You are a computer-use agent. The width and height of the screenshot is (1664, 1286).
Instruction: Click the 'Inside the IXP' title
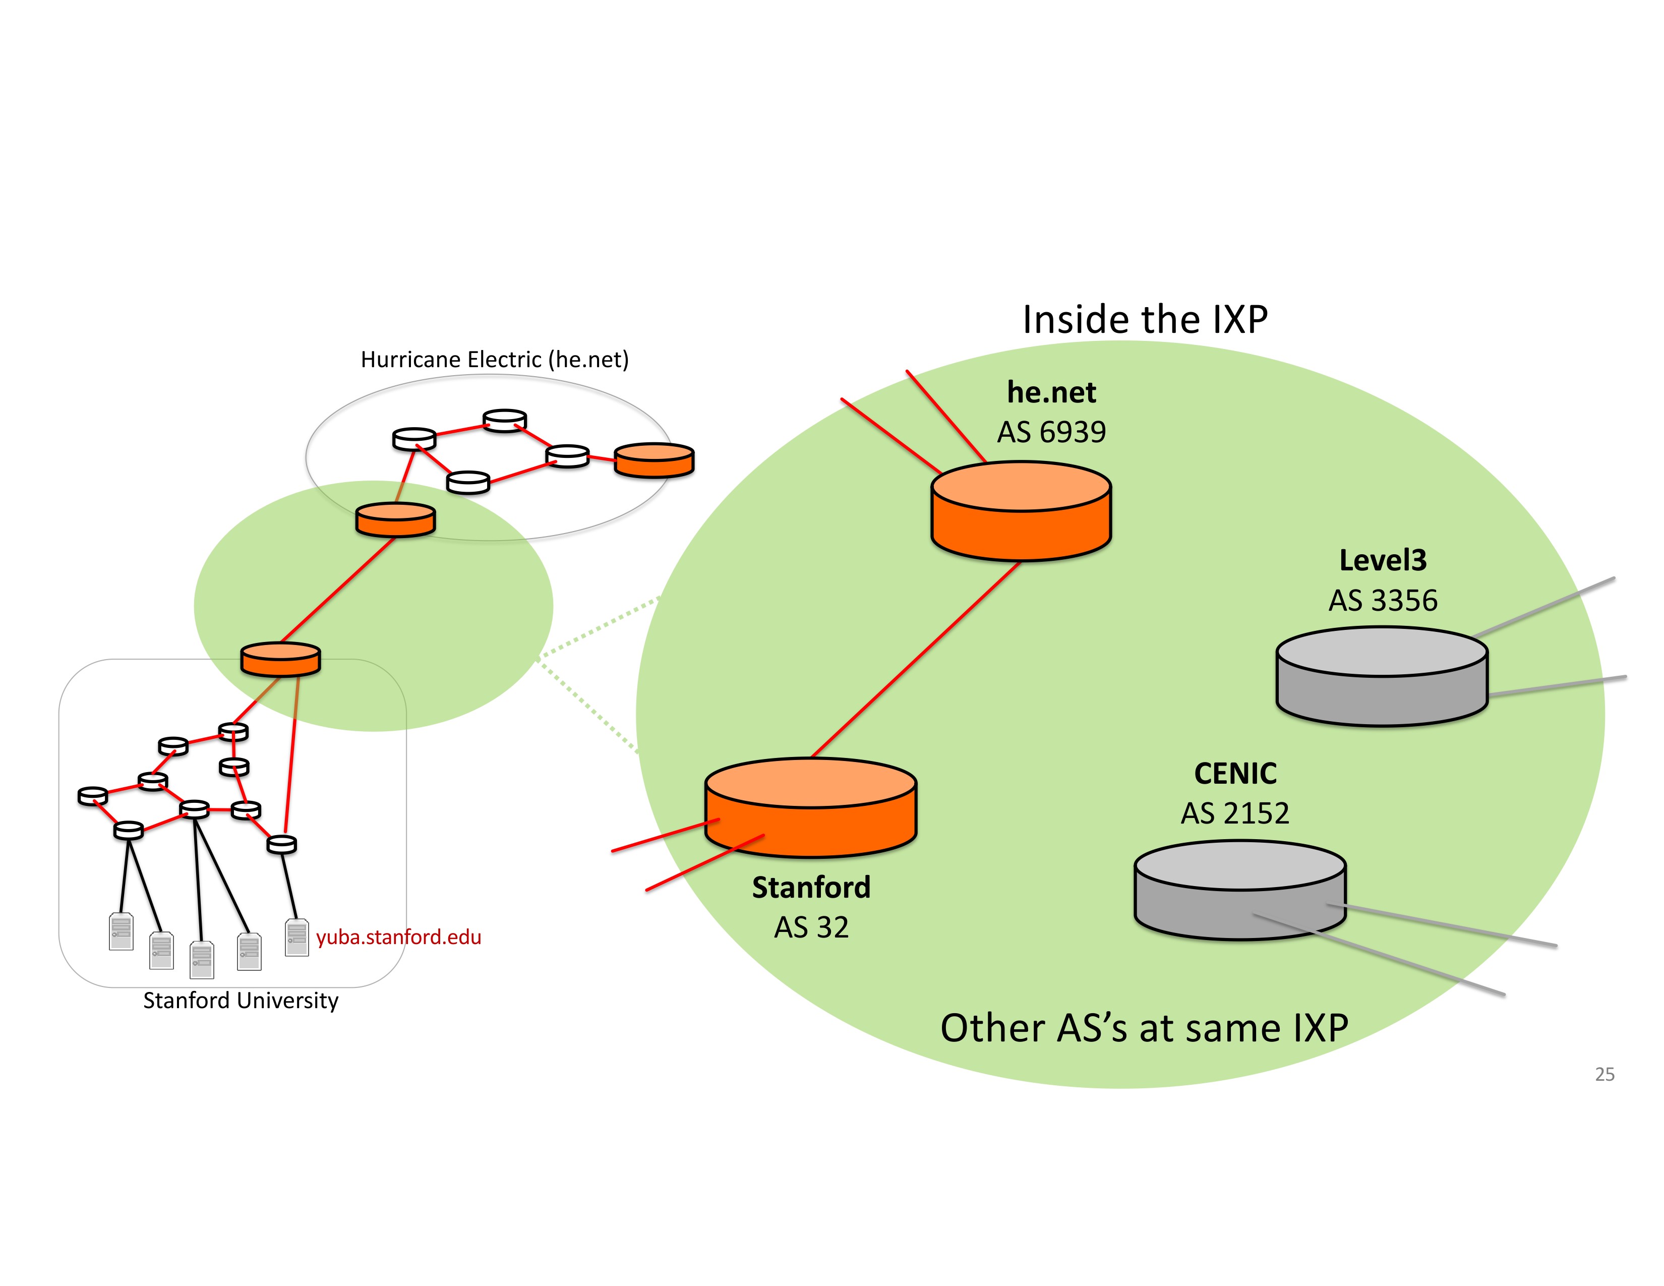(x=1145, y=319)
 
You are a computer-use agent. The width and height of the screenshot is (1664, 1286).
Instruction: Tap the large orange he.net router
(x=1021, y=511)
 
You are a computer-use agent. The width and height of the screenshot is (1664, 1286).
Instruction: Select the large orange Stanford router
(x=811, y=807)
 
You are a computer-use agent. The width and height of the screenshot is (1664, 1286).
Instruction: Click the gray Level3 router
(x=1382, y=676)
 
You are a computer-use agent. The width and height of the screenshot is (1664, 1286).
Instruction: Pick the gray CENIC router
(x=1240, y=890)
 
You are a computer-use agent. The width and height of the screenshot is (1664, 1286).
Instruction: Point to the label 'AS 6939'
(x=1051, y=432)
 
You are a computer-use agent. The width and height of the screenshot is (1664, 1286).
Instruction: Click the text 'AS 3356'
(x=1383, y=600)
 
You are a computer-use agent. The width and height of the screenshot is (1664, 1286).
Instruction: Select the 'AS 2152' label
(x=1235, y=813)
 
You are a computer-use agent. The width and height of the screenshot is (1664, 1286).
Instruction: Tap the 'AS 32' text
(x=811, y=927)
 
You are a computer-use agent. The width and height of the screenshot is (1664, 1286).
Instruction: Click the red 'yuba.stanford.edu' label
(x=398, y=937)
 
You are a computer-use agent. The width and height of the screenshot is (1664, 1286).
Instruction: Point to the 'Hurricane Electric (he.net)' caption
(x=495, y=360)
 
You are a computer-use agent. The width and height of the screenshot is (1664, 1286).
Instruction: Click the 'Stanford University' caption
(x=241, y=1001)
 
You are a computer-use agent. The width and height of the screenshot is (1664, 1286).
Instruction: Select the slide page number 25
(x=1604, y=1074)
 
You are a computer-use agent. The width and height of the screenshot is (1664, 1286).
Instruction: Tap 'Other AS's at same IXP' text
(x=1145, y=1028)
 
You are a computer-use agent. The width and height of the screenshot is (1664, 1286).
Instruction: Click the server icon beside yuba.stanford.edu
(x=296, y=937)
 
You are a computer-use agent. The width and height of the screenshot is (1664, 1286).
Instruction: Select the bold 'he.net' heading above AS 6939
(x=1051, y=392)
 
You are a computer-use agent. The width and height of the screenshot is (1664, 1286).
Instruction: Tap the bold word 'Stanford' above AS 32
(x=811, y=888)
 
